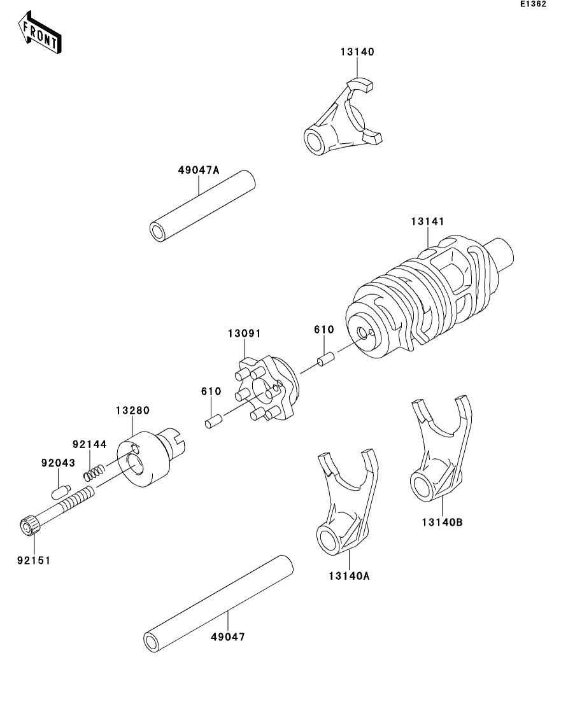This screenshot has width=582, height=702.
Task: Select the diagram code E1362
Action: pyautogui.click(x=533, y=4)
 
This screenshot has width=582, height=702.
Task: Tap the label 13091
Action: pyautogui.click(x=245, y=333)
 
